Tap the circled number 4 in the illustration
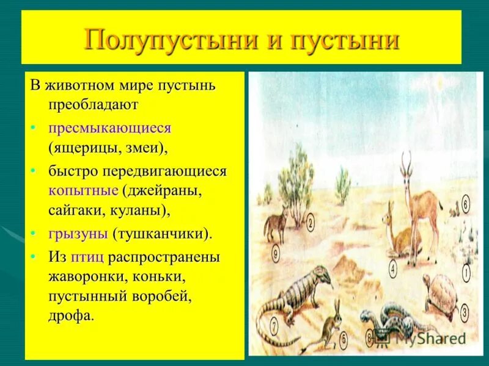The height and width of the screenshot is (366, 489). [392, 267]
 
